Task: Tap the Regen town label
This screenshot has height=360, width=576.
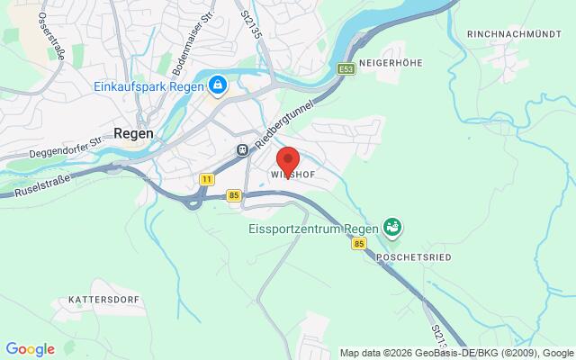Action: (133, 131)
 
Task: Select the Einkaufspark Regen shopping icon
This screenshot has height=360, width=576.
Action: (217, 86)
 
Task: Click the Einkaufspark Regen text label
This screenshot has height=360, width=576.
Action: (149, 86)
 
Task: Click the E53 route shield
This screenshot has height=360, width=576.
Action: (346, 67)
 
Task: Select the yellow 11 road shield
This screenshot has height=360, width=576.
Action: (208, 179)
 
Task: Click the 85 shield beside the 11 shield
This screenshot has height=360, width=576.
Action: (234, 194)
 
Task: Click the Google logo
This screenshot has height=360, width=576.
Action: (30, 349)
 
